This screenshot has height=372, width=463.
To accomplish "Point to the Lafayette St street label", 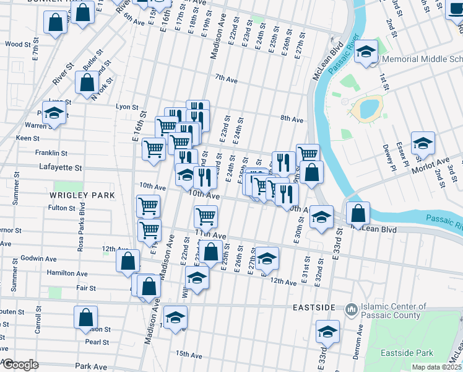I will [61, 167].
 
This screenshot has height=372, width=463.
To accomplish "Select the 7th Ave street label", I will [226, 79].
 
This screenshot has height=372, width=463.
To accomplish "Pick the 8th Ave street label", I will [292, 119].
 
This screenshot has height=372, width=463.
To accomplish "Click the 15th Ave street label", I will [189, 355].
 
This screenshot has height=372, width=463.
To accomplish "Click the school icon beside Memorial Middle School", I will [366, 52].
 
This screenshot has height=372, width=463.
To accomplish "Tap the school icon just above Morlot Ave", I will [423, 143].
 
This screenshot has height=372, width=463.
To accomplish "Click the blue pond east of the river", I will [368, 109].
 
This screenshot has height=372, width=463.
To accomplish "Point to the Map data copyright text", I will [436, 367].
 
